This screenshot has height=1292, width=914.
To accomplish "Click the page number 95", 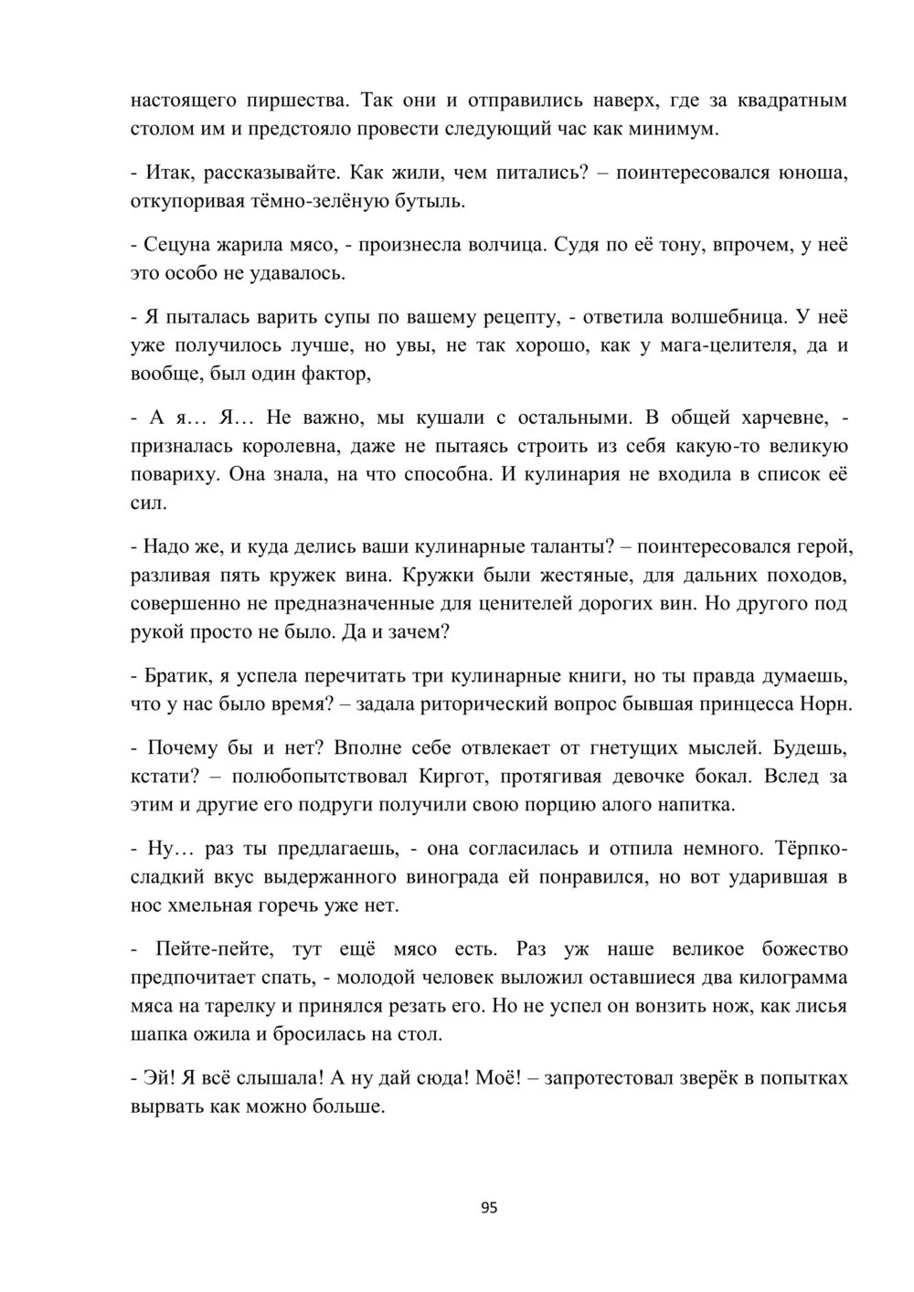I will pos(488,1207).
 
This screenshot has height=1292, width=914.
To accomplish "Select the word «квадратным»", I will pos(792,100).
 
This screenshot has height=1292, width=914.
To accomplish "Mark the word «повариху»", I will pos(173,474).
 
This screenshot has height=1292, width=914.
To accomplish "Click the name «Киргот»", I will pos(457,777).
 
